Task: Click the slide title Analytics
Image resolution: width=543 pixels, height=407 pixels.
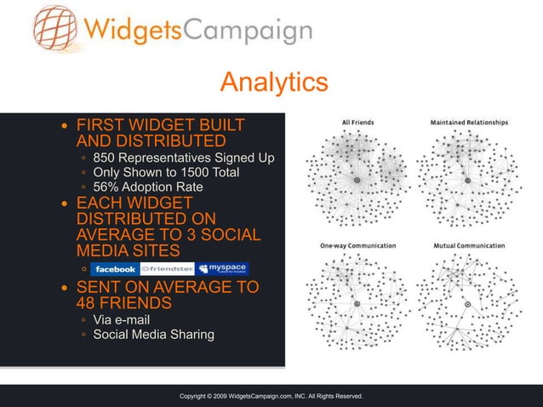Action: point(273,82)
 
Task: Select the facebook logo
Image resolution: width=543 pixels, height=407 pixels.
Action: point(116,269)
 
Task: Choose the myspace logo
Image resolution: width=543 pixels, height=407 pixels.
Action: point(222,269)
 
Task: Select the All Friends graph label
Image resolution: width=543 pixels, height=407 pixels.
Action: point(357,123)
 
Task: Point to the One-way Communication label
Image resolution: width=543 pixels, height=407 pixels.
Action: point(357,246)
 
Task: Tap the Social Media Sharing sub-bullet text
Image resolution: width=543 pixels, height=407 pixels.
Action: point(153,335)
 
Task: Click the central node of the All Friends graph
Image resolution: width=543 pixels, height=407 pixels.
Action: point(357,181)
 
